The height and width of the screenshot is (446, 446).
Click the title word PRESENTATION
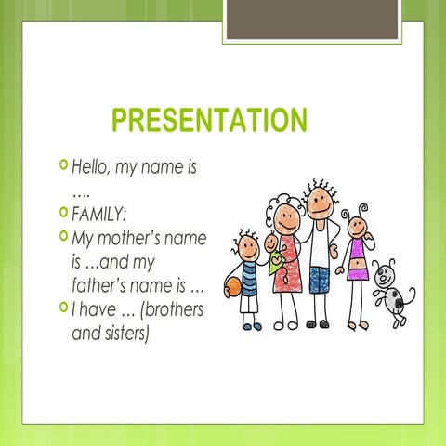click(209, 121)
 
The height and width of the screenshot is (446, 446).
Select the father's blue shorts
click(321, 280)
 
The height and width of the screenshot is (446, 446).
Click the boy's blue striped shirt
click(250, 277)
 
